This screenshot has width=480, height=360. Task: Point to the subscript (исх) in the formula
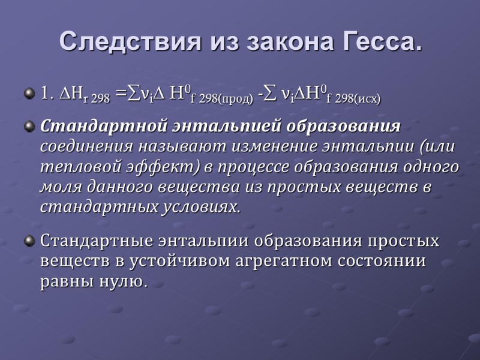click(x=364, y=98)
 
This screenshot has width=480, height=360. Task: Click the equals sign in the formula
click(x=121, y=94)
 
